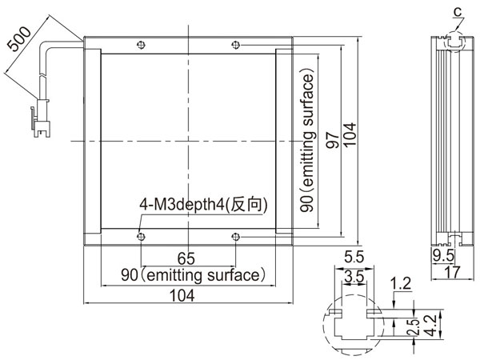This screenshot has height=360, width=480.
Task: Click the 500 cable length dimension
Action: pyautogui.click(x=19, y=39)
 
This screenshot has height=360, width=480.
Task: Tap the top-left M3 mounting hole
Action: pyautogui.click(x=141, y=45)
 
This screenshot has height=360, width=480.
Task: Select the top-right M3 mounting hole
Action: pyautogui.click(x=235, y=45)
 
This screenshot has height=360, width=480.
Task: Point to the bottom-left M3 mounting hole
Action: pyautogui.click(x=141, y=237)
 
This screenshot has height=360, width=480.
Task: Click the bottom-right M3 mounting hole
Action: pyautogui.click(x=235, y=237)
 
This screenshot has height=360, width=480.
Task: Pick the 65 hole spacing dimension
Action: pyautogui.click(x=186, y=258)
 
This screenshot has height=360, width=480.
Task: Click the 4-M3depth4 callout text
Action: pyautogui.click(x=203, y=205)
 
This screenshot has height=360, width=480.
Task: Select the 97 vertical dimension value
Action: pyautogui.click(x=333, y=141)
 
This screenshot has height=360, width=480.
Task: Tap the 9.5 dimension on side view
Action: pyautogui.click(x=443, y=256)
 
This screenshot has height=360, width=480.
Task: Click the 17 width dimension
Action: pyautogui.click(x=452, y=272)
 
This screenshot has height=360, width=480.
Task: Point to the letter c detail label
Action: pyautogui.click(x=458, y=12)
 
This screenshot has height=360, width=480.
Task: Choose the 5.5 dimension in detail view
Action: pyautogui.click(x=354, y=257)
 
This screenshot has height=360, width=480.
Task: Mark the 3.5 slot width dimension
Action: pyautogui.click(x=354, y=278)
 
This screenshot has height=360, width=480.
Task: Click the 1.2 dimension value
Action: pyautogui.click(x=401, y=284)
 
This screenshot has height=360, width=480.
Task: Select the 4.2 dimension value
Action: pyautogui.click(x=431, y=326)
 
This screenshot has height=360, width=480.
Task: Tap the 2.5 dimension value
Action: pyautogui.click(x=413, y=327)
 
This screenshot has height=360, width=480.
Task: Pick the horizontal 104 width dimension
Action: pyautogui.click(x=182, y=296)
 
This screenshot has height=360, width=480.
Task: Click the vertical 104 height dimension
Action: pyautogui.click(x=350, y=135)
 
